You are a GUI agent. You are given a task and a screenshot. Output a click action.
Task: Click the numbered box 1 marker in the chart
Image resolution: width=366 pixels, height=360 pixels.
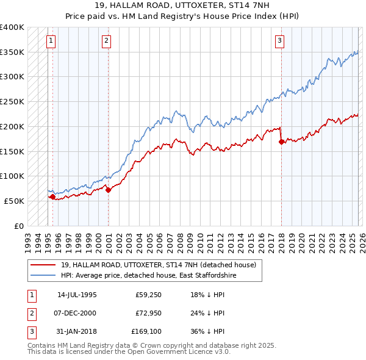tap(51, 41)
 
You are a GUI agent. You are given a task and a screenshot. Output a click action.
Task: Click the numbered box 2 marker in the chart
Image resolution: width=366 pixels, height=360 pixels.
tap(106, 41)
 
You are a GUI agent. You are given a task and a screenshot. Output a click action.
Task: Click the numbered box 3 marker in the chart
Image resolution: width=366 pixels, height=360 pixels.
tap(279, 41)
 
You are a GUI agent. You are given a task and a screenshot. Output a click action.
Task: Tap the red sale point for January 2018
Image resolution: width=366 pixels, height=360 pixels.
tap(281, 142)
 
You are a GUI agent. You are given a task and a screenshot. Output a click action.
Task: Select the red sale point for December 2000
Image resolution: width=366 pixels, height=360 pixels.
tap(109, 190)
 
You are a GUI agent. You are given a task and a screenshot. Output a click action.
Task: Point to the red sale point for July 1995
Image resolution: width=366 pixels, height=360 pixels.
tap(52, 196)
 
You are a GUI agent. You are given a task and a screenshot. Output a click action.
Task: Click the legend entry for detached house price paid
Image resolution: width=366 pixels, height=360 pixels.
tap(162, 265)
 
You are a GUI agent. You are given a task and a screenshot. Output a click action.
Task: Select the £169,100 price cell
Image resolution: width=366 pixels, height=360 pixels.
tap(146, 332)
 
